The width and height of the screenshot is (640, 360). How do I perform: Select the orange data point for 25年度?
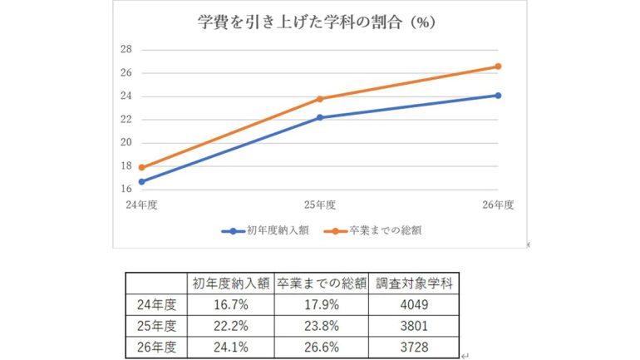[x=320, y=99]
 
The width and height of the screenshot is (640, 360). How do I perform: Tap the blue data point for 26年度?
[x=498, y=96]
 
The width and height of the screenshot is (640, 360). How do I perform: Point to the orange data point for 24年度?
[x=142, y=167]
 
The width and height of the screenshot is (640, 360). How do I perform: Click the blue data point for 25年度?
[x=320, y=117]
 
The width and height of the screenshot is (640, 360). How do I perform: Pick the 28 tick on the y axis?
[x=126, y=49]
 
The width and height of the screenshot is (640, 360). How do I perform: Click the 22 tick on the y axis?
[x=126, y=119]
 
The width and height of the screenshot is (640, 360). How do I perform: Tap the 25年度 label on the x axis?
[x=320, y=204]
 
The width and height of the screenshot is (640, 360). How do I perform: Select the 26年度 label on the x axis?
[x=498, y=204]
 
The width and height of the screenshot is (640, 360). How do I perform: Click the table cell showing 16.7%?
[x=230, y=304]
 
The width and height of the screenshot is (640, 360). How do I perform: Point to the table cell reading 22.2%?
[x=230, y=325]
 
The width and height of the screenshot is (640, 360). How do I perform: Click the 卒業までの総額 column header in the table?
[x=321, y=282]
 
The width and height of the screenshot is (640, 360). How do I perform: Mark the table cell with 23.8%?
[x=321, y=325]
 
